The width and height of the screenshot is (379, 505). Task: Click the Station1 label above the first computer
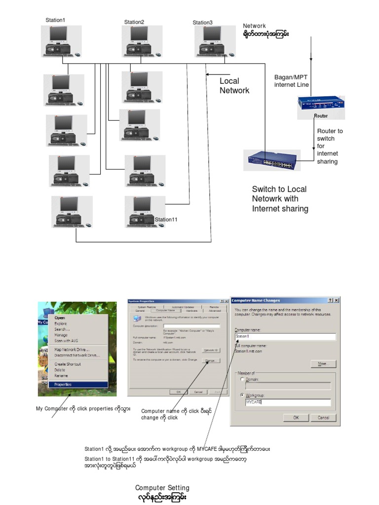55,20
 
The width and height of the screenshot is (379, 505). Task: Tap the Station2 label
134,22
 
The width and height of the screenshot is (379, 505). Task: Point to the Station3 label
202,23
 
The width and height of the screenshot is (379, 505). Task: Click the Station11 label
166,219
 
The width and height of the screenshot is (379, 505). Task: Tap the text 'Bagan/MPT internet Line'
292,81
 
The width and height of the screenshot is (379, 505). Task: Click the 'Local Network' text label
234,86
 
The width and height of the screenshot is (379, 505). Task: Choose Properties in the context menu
63,384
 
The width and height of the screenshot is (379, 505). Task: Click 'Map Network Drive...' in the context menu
72,350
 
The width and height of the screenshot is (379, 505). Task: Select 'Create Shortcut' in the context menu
68,364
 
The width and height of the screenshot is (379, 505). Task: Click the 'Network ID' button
211,350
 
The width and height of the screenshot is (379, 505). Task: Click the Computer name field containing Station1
285,337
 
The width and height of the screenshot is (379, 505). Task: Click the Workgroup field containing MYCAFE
288,402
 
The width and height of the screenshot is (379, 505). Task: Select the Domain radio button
242,380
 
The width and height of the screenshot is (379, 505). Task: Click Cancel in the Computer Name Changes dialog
323,417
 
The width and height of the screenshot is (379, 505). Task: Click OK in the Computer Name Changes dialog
296,417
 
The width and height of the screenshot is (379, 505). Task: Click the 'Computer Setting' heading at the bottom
162,488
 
